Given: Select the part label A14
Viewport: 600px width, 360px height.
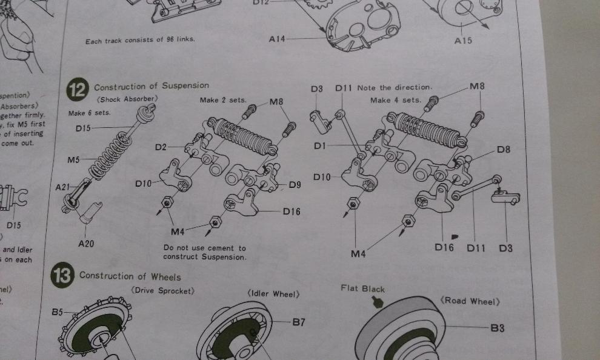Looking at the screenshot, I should coord(277,38).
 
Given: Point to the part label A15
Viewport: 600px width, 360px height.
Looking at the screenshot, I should coord(462,41).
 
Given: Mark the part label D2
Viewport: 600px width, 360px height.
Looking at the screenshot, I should coord(161,147).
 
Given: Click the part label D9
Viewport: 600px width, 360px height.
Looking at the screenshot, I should coord(295,184).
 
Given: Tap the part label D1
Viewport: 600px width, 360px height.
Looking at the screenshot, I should coord(321,145).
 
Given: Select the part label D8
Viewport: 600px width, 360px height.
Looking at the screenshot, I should coord(503,149).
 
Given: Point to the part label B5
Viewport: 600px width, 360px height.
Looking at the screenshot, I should coord(57,312).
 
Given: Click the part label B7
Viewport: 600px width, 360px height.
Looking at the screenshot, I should coord(299,322).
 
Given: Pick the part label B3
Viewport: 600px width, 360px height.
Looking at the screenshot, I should coord(497,328).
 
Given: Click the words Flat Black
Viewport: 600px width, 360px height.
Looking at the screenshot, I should coord(362,289).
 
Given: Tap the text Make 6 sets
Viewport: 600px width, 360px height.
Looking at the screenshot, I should coord(89,113).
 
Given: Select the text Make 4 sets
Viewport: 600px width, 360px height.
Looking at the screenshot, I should coord(395,99).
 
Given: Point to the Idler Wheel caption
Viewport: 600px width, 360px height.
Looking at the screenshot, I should coord(273,294).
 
